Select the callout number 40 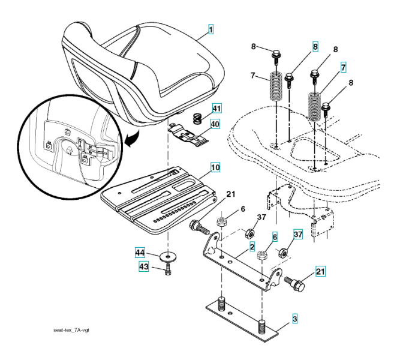tap(215, 124)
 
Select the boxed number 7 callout tap(342, 67)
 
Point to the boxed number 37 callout tap(297, 234)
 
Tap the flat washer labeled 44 tap(169, 257)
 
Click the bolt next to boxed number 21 tap(296, 283)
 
